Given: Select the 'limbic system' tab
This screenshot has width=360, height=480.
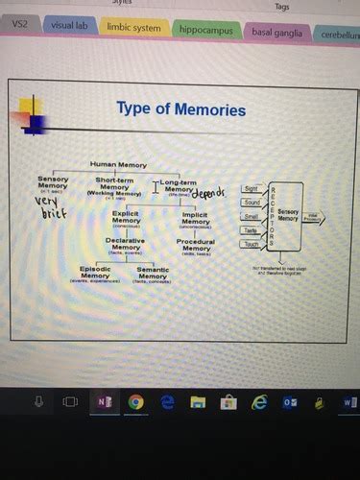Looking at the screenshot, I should (133, 28).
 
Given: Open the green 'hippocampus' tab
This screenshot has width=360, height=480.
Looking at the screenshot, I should (204, 30).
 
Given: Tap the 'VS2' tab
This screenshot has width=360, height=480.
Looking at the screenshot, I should (18, 23).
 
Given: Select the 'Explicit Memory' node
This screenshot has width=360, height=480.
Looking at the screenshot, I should (126, 217).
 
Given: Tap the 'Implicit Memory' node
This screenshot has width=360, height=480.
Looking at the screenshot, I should (196, 218).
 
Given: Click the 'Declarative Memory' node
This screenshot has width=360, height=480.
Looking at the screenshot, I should (126, 243).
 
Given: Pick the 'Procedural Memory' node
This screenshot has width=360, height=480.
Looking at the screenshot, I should (196, 245).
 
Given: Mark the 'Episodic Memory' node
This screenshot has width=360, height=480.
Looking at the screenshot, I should (95, 273).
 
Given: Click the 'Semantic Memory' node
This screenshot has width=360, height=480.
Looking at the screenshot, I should (153, 273).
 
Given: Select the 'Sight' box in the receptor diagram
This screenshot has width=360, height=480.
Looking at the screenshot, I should (252, 189).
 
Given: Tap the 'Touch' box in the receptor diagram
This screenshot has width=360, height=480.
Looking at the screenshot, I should (252, 244).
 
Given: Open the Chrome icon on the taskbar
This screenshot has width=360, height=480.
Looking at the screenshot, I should (135, 401).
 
